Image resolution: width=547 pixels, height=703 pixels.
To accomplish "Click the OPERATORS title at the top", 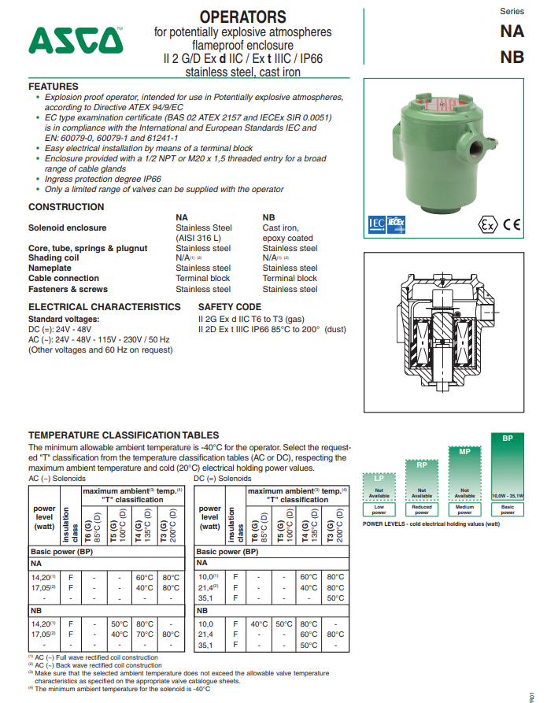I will click(x=242, y=17).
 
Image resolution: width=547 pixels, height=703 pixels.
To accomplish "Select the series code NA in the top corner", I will click(x=512, y=32).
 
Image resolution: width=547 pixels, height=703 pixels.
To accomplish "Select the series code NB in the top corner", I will click(x=512, y=57).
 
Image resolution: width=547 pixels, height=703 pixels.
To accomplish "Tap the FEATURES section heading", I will click(x=54, y=86).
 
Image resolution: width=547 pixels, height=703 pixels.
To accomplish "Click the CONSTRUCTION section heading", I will click(x=66, y=207).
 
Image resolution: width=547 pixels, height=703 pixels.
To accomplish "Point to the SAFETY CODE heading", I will click(x=230, y=306).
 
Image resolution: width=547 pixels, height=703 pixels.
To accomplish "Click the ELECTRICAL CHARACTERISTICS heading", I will click(x=105, y=306).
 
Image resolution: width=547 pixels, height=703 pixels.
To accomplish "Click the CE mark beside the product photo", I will click(x=512, y=224).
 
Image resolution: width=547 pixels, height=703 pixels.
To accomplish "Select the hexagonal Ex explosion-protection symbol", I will click(x=489, y=224).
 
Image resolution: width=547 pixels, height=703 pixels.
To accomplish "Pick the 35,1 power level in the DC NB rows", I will click(x=205, y=645).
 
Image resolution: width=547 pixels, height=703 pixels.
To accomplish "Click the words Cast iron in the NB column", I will click(x=280, y=228).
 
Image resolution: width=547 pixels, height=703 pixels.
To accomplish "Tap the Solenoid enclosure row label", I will click(x=67, y=228).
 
